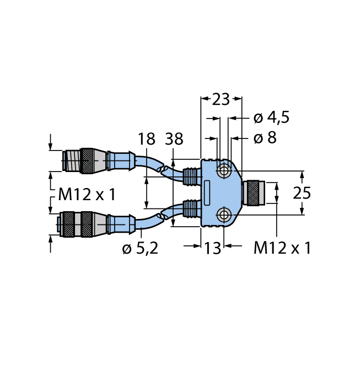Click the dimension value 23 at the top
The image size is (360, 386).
(x=221, y=99)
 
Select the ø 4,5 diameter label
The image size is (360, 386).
(x=271, y=118)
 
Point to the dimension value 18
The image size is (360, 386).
(x=147, y=140)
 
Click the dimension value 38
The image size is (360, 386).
(x=174, y=140)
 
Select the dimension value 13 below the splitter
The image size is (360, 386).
(x=212, y=248)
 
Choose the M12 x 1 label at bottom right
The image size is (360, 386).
(x=282, y=248)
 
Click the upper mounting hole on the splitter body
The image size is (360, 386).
(x=224, y=171)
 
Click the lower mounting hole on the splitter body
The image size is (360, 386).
(x=224, y=215)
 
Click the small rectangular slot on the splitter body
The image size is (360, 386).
(x=207, y=192)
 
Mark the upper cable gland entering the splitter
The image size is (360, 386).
(x=190, y=176)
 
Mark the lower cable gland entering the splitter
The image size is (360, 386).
(x=190, y=209)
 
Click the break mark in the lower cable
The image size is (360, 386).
(x=162, y=216)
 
